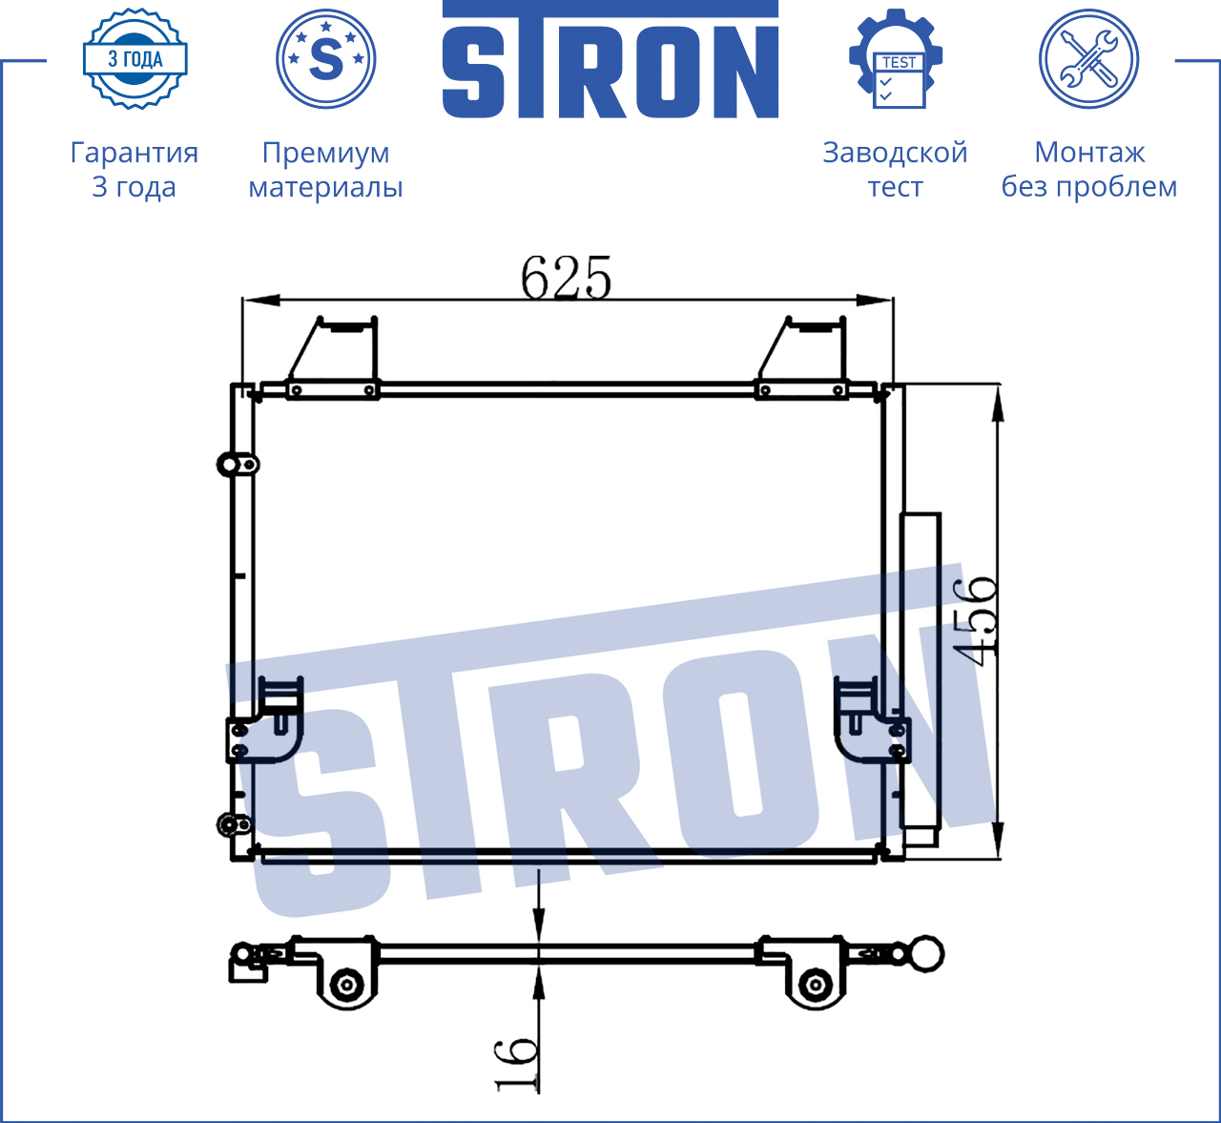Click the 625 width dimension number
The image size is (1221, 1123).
tap(566, 278)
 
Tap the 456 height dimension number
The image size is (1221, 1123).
tap(973, 621)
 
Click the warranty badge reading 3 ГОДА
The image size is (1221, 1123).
tap(135, 58)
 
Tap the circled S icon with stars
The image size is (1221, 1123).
tap(325, 58)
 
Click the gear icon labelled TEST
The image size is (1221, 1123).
tap(896, 58)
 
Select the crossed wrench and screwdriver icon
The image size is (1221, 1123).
tap(1089, 58)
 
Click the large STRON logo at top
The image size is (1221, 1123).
tap(610, 59)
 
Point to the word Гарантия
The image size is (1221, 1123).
tap(135, 153)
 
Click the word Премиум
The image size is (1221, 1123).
tap(325, 154)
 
